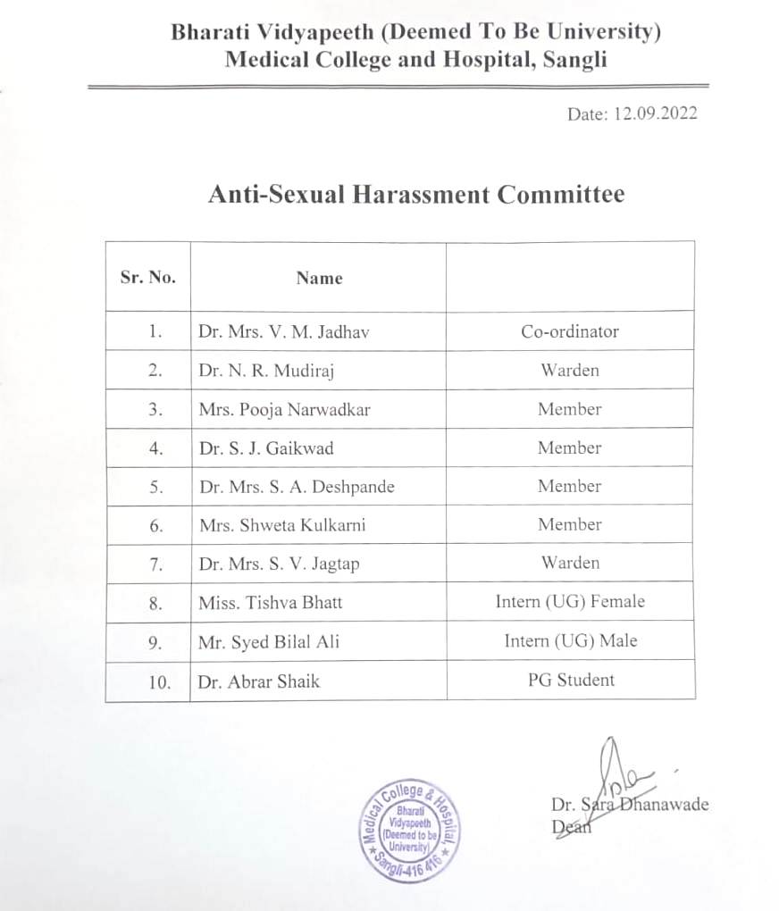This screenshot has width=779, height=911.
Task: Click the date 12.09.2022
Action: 655,113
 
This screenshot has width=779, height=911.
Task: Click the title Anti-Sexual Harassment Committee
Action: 415,194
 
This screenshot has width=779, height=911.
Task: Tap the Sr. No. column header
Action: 147,277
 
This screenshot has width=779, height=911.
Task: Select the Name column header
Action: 319,278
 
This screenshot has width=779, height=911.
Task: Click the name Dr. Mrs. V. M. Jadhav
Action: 284,332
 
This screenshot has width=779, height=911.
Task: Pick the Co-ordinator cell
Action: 570,331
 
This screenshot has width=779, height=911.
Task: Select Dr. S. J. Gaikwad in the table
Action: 266,448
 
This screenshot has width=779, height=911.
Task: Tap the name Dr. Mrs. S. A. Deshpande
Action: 297,487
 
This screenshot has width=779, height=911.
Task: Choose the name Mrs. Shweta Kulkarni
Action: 282,525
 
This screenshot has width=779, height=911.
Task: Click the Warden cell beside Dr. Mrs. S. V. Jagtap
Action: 570,563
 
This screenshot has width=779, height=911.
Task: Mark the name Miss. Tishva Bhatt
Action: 271,603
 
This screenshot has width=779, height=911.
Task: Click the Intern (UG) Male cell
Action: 570,640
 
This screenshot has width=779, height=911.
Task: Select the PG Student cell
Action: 570,680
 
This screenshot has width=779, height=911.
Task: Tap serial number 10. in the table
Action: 159,681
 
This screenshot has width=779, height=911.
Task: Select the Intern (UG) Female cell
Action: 570,602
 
